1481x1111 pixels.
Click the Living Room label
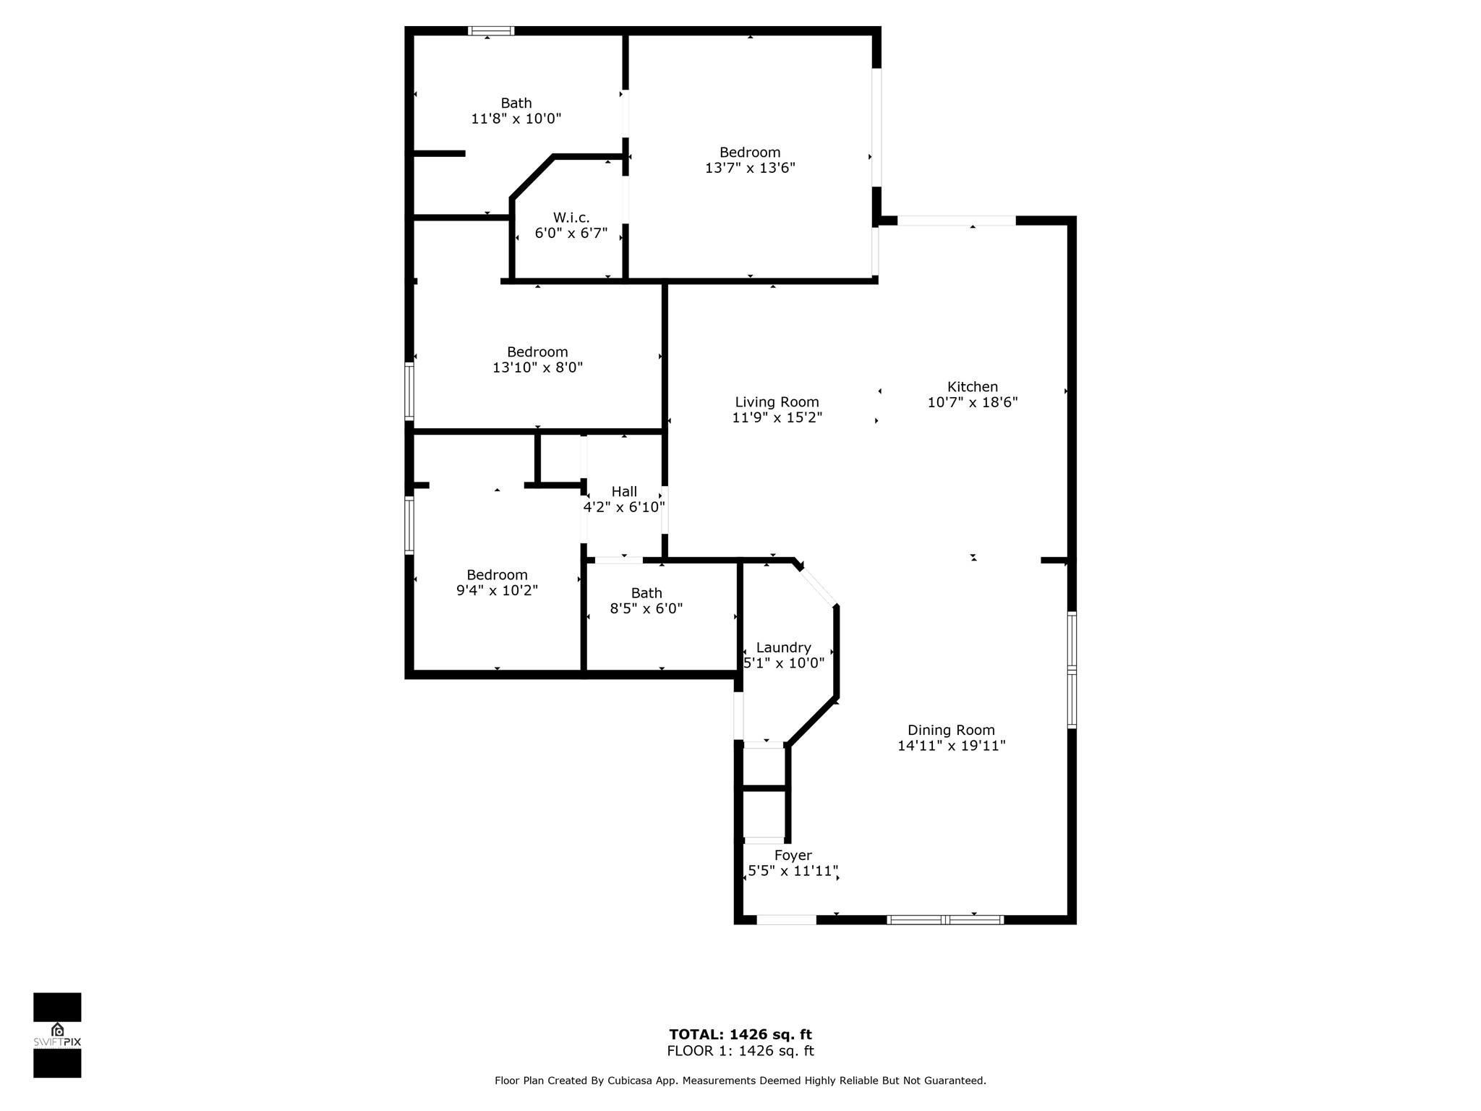(x=777, y=402)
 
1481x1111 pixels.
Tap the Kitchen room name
(x=972, y=387)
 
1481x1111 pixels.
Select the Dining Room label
(x=951, y=730)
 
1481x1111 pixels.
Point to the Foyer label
(x=793, y=855)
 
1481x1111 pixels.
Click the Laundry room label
(x=783, y=647)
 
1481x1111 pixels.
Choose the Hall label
(x=624, y=492)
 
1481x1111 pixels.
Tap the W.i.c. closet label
(x=571, y=218)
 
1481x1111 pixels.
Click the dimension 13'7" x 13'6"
(x=750, y=168)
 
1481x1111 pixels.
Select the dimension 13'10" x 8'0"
(x=537, y=367)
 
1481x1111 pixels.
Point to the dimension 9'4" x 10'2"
(x=497, y=590)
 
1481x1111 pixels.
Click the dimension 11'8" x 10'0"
(x=516, y=119)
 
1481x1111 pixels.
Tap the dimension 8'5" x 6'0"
(x=646, y=608)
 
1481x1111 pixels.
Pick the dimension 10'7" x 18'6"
(x=972, y=402)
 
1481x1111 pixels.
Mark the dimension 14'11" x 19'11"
(x=951, y=745)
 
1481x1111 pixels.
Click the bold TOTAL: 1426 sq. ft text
(x=740, y=1034)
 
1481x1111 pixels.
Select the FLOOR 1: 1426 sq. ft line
(x=740, y=1051)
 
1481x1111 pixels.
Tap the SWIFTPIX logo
(x=57, y=1035)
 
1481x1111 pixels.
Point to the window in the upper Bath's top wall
(x=491, y=31)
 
